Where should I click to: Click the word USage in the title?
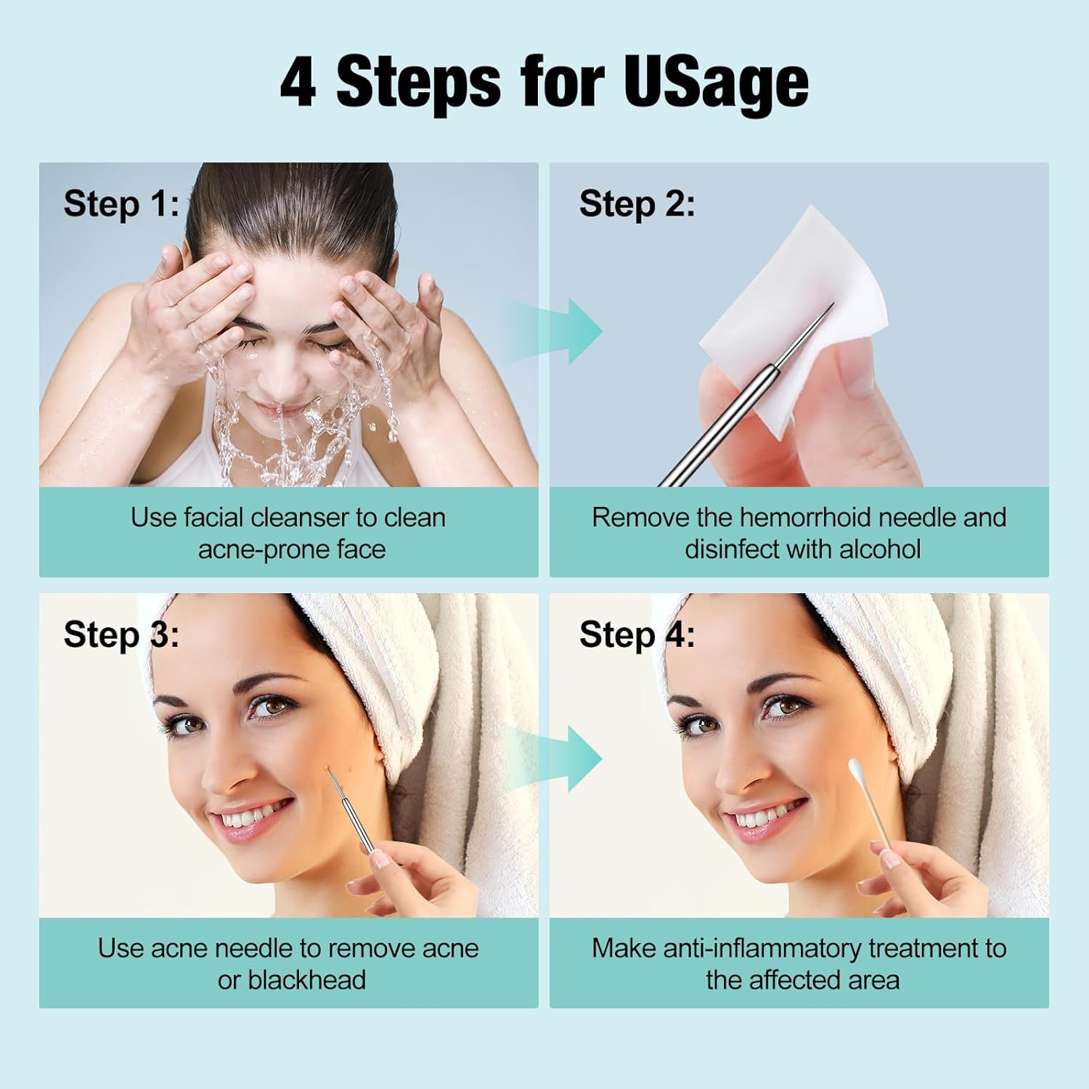pos(715,82)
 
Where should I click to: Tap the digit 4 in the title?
pos(298,82)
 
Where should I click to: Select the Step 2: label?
pos(637,203)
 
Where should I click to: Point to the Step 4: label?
pos(637,635)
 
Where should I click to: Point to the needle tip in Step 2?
pos(832,305)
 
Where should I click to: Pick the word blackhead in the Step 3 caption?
pos(306,980)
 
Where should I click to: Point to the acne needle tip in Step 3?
pos(328,770)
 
